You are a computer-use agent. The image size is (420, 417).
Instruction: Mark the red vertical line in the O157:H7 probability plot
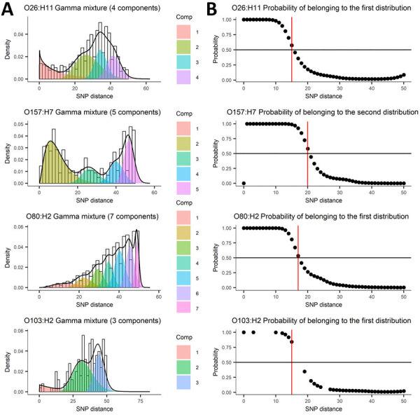(307, 153)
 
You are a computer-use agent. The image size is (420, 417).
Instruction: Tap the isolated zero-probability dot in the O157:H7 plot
(243, 184)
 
